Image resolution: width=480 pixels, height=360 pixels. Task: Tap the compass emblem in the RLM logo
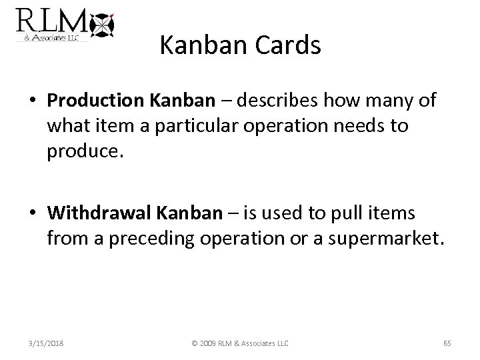(102, 25)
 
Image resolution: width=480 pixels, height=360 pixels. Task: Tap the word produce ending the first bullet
(83, 153)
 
